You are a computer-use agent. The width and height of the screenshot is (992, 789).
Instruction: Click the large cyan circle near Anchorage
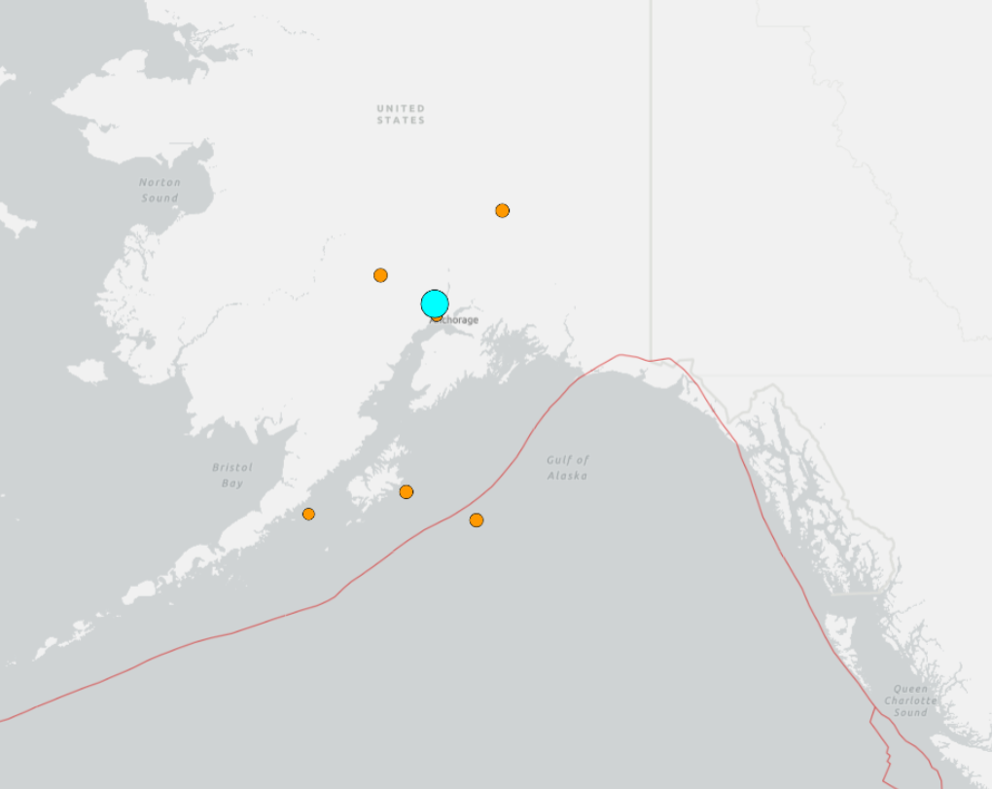(435, 304)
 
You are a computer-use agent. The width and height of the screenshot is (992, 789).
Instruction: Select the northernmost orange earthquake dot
(502, 210)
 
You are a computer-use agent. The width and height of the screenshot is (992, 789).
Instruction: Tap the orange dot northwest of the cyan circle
(380, 275)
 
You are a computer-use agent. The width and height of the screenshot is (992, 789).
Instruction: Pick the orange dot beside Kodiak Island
(407, 491)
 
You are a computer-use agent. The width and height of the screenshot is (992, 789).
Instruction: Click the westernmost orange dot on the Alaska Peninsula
(308, 514)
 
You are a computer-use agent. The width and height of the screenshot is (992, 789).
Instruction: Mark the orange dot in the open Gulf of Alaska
(477, 520)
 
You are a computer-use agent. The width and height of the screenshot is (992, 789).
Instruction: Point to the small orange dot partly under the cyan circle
(437, 316)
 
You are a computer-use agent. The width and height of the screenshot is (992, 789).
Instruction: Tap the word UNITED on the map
(401, 108)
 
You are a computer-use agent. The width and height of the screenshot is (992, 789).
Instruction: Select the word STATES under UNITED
(401, 121)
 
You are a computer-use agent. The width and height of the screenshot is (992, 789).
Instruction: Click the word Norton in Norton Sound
(159, 182)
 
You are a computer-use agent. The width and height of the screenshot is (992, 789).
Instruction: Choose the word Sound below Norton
(159, 197)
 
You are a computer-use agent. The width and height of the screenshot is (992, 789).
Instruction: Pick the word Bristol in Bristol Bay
(231, 468)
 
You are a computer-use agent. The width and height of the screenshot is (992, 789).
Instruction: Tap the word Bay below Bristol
(231, 484)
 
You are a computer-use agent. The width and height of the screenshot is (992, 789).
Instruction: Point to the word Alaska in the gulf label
(568, 476)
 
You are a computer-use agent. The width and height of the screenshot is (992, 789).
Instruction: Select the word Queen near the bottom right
(911, 689)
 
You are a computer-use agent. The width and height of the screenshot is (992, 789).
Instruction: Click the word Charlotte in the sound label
(911, 700)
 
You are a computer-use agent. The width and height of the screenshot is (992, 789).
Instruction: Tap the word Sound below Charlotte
(911, 712)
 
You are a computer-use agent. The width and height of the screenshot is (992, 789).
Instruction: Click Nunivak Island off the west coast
(87, 372)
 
